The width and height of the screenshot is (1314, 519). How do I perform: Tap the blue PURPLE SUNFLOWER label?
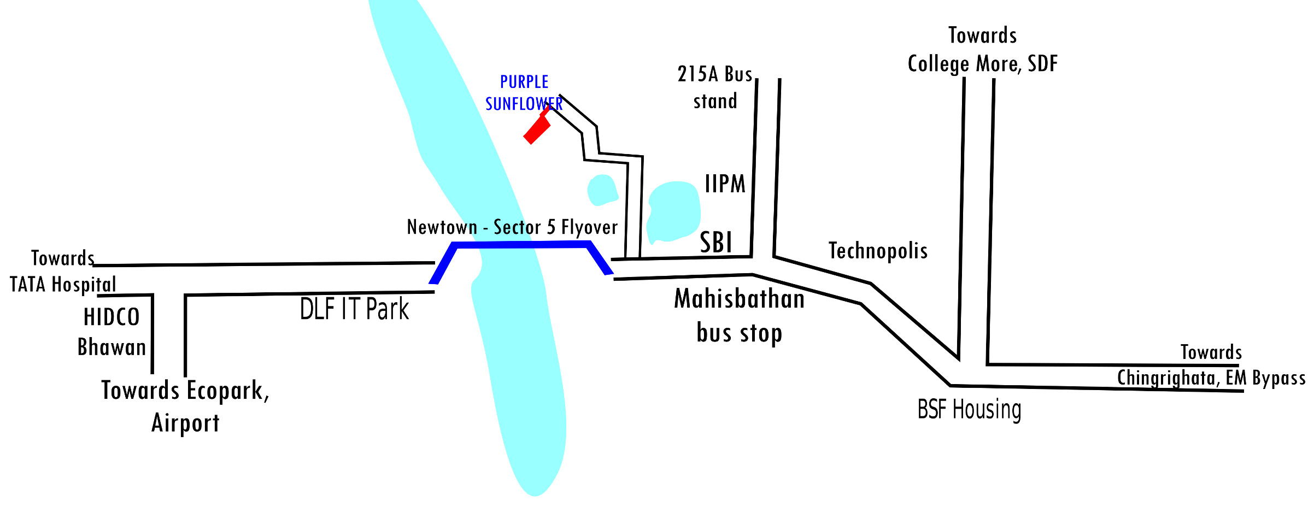pyautogui.click(x=524, y=93)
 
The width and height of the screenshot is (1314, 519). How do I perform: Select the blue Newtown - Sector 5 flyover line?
pyautogui.click(x=521, y=245)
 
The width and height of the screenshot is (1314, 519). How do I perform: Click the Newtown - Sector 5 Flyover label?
pyautogui.click(x=512, y=227)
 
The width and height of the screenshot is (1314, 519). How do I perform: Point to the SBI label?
pyautogui.click(x=716, y=242)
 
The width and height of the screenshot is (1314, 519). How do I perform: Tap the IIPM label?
pyautogui.click(x=725, y=184)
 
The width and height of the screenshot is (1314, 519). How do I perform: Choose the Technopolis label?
pyautogui.click(x=878, y=251)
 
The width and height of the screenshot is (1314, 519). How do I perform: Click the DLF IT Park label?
pyautogui.click(x=354, y=309)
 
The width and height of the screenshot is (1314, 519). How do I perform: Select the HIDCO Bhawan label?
pyautogui.click(x=112, y=332)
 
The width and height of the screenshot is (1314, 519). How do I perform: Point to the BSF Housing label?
pyautogui.click(x=969, y=409)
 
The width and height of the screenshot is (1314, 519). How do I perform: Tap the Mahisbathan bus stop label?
pyautogui.click(x=740, y=316)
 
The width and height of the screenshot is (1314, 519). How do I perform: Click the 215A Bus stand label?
pyautogui.click(x=715, y=87)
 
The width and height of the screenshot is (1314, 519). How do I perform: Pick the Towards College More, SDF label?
pyautogui.click(x=983, y=50)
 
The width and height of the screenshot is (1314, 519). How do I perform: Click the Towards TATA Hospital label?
pyautogui.click(x=63, y=272)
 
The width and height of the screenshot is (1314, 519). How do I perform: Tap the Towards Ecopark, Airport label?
pyautogui.click(x=185, y=406)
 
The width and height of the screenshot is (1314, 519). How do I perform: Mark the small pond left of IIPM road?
pyautogui.click(x=602, y=190)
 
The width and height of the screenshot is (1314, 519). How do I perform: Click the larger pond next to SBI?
pyautogui.click(x=673, y=212)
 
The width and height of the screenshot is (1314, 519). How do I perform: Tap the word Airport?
pyautogui.click(x=185, y=423)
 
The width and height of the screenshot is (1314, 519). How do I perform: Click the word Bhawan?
pyautogui.click(x=112, y=347)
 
